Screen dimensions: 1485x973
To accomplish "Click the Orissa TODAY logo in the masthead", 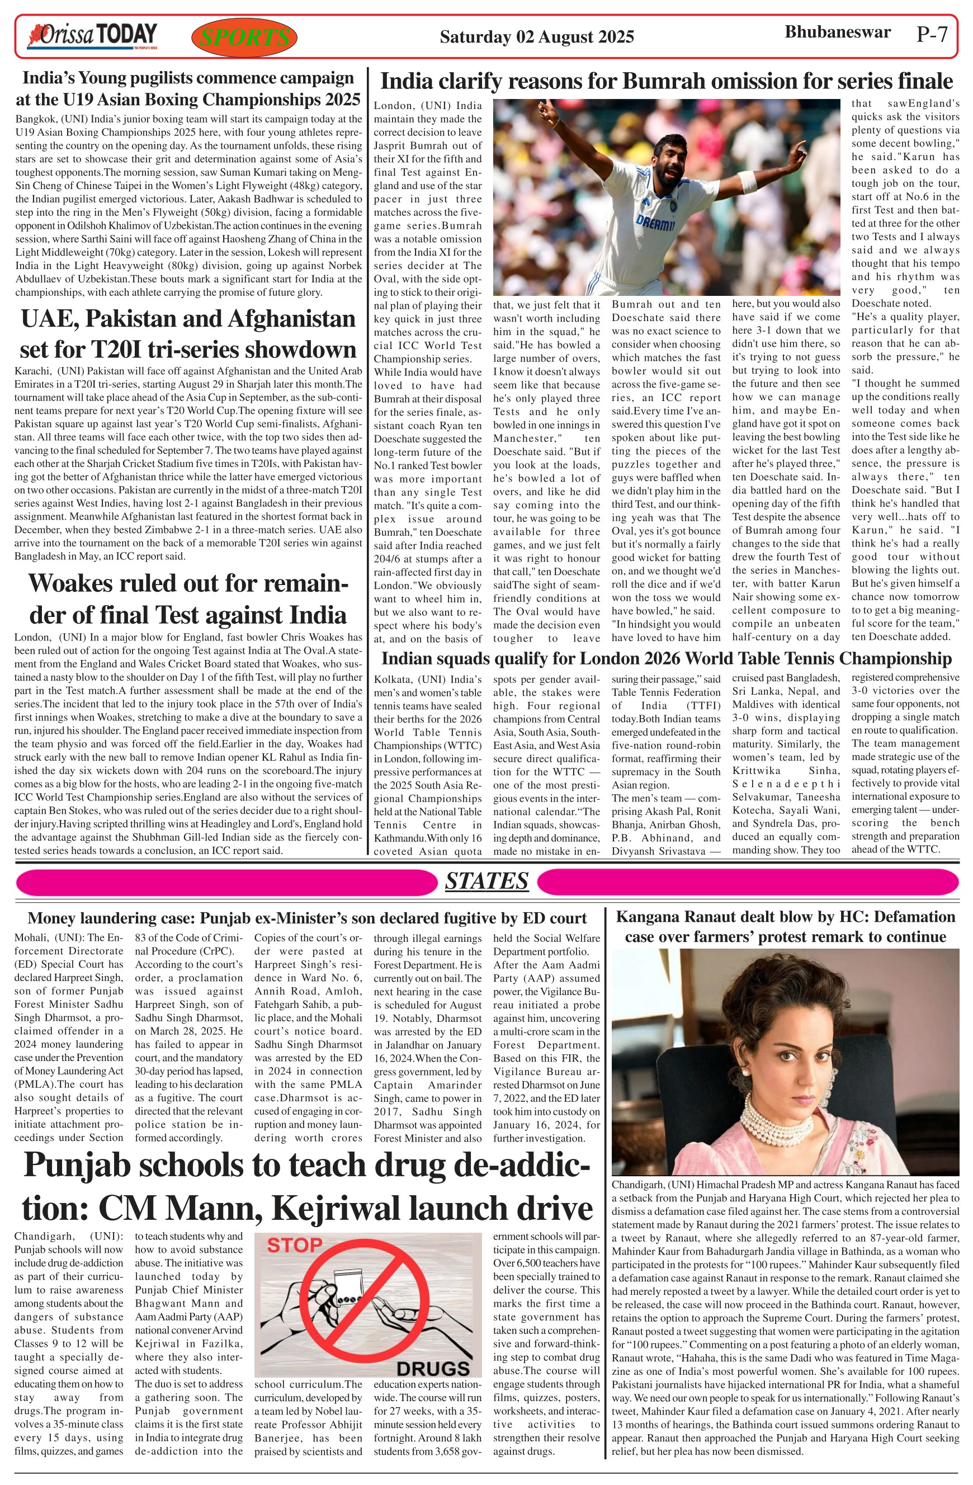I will click(91, 36).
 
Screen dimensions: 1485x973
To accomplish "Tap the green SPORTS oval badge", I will click(244, 37).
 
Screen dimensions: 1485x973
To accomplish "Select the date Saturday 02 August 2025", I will click(536, 37).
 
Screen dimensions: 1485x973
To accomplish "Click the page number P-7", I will click(932, 34).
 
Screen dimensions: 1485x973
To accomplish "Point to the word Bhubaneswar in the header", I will click(837, 32).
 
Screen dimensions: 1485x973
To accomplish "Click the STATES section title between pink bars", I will click(486, 881).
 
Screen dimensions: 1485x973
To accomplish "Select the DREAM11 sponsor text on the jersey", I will click(655, 221).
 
